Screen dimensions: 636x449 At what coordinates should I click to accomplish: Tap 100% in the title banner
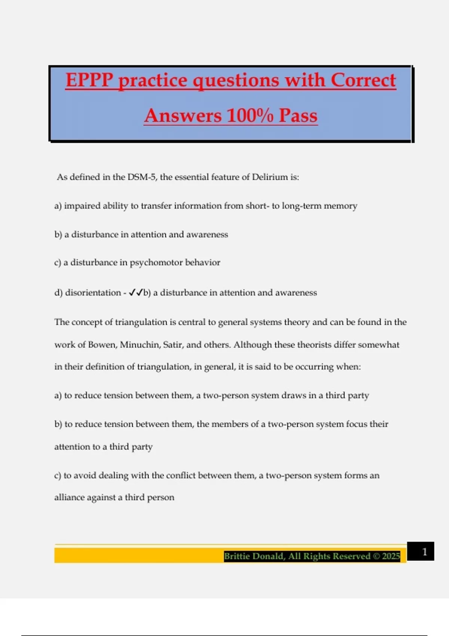(x=250, y=115)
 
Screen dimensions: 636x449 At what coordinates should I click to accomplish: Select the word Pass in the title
(x=298, y=115)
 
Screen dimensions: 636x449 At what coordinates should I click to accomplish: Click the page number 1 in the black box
(x=424, y=551)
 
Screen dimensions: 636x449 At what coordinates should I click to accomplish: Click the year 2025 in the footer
(x=391, y=556)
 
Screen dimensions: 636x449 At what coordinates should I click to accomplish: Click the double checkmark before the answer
(x=135, y=293)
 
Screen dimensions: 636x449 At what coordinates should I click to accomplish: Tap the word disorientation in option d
(x=93, y=293)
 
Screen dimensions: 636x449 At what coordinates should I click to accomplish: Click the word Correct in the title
(x=363, y=80)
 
